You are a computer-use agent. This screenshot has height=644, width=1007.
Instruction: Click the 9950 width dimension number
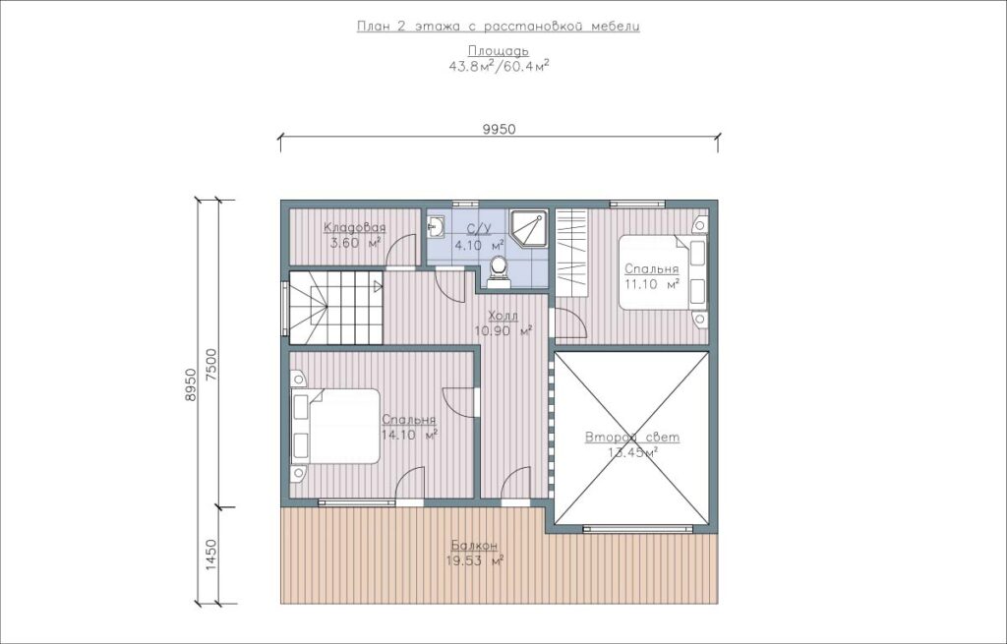point(499,129)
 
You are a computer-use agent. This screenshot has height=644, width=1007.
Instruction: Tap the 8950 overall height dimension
point(190,385)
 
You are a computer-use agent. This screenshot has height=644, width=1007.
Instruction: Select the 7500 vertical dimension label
point(211,366)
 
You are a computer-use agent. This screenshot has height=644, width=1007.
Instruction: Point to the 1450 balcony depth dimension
point(212,556)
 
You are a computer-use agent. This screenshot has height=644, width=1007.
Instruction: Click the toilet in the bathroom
point(498,267)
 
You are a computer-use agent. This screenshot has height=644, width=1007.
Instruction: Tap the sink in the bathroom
point(436,225)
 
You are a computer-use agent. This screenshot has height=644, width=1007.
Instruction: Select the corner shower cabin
point(528,228)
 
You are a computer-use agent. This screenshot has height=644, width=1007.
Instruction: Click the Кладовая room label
point(354,228)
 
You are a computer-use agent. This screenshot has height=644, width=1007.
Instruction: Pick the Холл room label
point(503,317)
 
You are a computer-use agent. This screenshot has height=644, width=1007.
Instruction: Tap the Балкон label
point(474,546)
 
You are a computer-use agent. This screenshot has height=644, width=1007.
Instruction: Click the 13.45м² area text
point(632,452)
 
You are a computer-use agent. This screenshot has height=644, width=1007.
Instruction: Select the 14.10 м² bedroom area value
point(409,435)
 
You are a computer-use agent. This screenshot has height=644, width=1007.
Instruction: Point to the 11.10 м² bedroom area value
point(652,284)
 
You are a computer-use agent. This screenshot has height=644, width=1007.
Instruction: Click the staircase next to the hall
point(336,308)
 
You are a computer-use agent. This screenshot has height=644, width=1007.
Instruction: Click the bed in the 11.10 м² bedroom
point(663,272)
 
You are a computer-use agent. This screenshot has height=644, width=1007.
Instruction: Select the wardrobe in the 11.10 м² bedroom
point(572,253)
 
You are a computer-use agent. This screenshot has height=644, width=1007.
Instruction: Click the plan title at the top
point(499,27)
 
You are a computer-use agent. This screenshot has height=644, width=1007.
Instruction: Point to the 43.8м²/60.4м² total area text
point(499,65)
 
